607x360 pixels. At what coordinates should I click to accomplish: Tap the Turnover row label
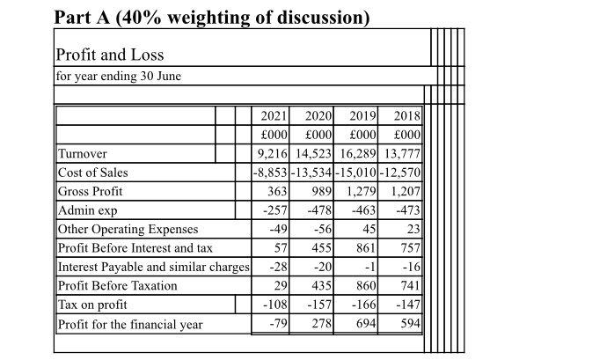[82, 154]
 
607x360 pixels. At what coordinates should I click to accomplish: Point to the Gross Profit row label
[91, 191]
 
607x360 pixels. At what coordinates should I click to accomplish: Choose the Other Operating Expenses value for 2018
[413, 230]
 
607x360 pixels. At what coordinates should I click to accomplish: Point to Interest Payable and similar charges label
[153, 267]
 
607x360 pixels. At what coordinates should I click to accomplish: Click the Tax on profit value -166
[365, 305]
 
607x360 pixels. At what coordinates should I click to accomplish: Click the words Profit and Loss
[110, 55]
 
